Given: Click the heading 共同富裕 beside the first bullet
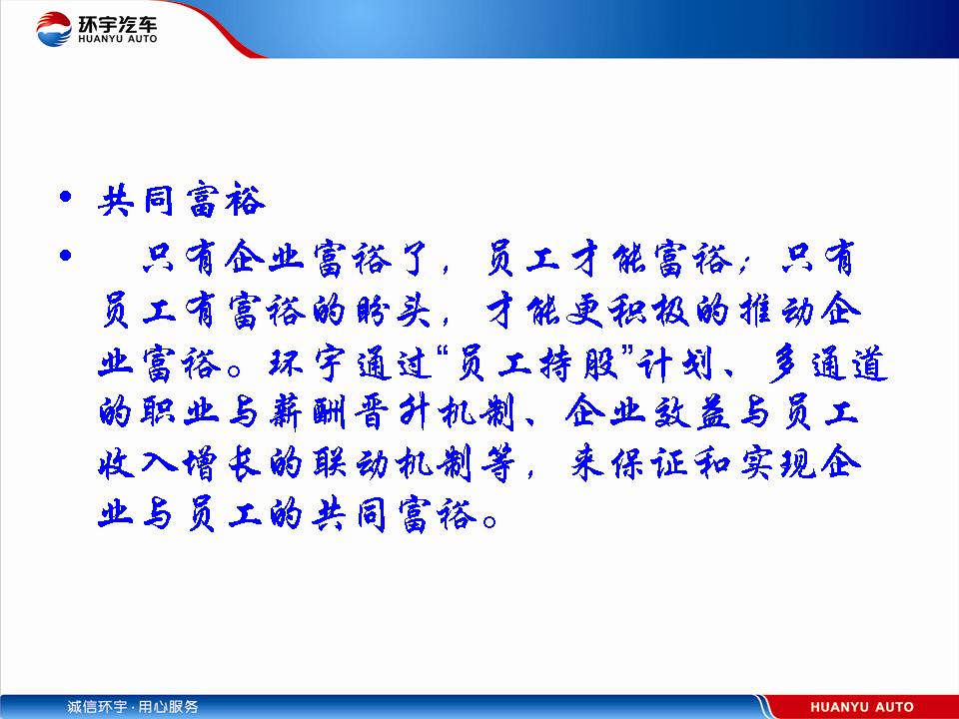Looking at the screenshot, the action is pyautogui.click(x=182, y=200).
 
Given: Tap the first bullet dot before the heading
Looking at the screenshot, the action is pyautogui.click(x=66, y=197).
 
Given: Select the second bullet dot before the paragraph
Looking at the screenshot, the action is pyautogui.click(x=66, y=255).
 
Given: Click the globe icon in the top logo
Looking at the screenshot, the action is pyautogui.click(x=54, y=28).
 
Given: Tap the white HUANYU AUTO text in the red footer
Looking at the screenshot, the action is pyautogui.click(x=862, y=707).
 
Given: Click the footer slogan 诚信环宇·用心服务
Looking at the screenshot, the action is pyautogui.click(x=133, y=707).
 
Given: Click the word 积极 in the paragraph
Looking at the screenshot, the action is pyautogui.click(x=649, y=310).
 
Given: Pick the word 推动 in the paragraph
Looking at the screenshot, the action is pyautogui.click(x=777, y=310).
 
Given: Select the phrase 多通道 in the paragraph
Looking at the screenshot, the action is pyautogui.click(x=827, y=363).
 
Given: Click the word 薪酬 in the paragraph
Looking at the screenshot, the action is pyautogui.click(x=308, y=412).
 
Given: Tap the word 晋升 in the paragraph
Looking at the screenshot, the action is pyautogui.click(x=392, y=412).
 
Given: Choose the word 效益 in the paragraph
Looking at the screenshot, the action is pyautogui.click(x=691, y=412).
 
